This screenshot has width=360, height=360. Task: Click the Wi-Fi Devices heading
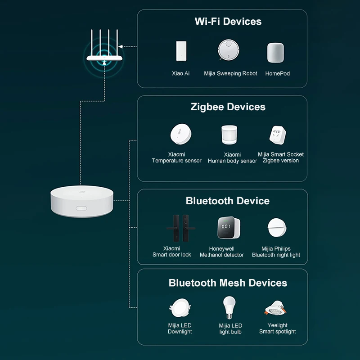tap(228, 21)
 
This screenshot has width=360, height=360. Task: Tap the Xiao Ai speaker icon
tap(181, 52)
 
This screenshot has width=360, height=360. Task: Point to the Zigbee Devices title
tap(228, 107)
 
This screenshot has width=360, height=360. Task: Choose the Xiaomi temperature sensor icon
tap(180, 135)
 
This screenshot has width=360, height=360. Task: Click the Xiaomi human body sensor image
tap(232, 135)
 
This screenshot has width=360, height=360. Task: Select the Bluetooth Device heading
tap(228, 201)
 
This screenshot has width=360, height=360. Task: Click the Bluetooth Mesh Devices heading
tap(228, 283)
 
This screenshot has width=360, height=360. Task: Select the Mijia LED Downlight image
tap(180, 308)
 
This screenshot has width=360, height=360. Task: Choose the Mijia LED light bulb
tap(229, 308)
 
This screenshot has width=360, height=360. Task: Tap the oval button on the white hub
tap(81, 208)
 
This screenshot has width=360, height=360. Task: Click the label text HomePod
tap(278, 73)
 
